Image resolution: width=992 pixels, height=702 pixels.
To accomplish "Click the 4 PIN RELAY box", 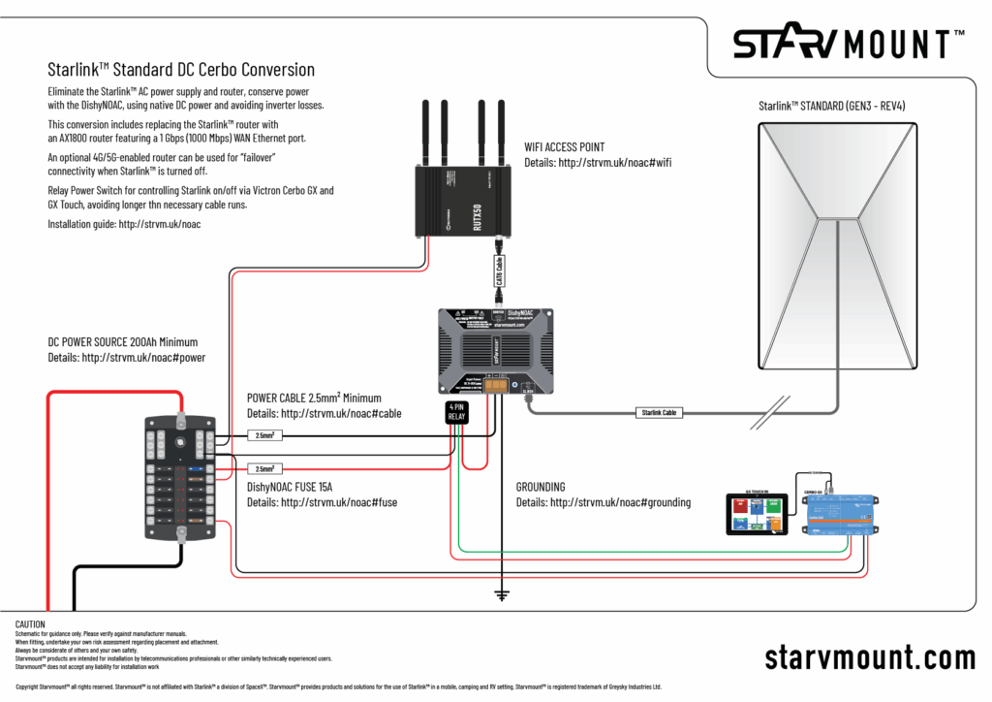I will coord(456,412).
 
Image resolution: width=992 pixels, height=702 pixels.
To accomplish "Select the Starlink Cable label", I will coord(659,412).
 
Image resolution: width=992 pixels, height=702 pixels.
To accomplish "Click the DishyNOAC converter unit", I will coord(495,350).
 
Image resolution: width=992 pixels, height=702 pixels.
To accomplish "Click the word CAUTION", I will coord(31,623).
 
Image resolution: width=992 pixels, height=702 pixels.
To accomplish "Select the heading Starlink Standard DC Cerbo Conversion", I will coord(181,70).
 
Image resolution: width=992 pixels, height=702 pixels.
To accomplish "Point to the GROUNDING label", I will coord(541,487).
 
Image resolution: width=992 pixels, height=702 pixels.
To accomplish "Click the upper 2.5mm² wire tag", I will coord(264,435).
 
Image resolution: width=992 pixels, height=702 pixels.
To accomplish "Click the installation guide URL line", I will coord(123,224).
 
